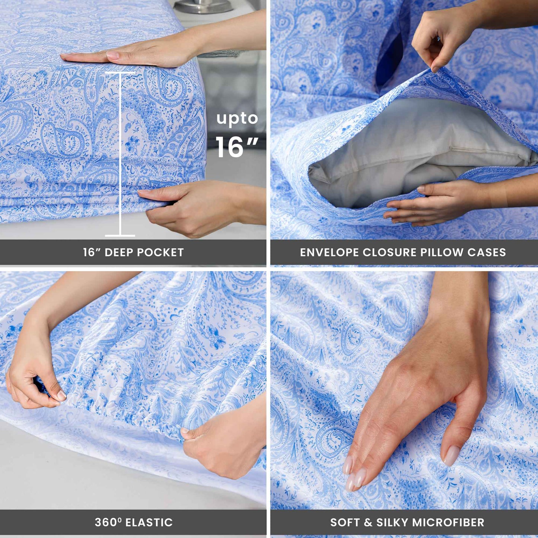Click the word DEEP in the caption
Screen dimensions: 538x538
point(120,252)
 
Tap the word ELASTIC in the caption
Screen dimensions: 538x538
point(149,522)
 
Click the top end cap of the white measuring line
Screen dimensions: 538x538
point(120,72)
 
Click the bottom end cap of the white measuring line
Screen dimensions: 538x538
point(120,235)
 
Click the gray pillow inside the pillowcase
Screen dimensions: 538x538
point(410,149)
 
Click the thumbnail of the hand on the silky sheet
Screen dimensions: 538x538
point(452,455)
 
